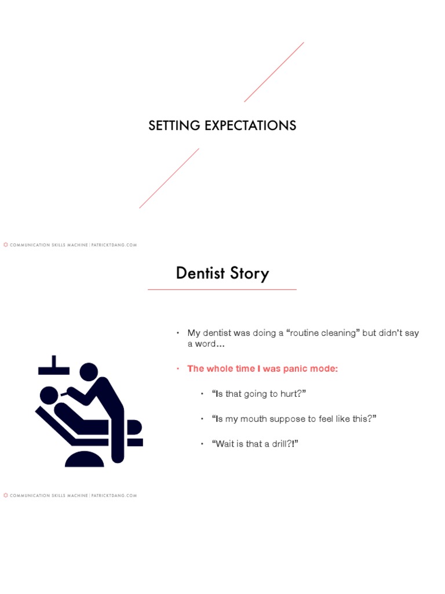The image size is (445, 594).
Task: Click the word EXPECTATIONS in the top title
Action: [253, 125]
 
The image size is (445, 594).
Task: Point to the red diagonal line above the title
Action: [274, 72]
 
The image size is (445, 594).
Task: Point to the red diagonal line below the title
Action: [169, 178]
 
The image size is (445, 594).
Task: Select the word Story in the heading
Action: [249, 274]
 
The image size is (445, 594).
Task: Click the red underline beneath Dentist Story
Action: [222, 289]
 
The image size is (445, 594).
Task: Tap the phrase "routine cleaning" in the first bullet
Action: [322, 333]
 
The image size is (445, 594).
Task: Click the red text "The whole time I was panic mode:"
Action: [262, 369]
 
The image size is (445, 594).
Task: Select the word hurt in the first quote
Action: [289, 394]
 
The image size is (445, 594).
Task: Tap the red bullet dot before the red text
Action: [178, 369]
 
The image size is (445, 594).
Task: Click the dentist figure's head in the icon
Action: [89, 372]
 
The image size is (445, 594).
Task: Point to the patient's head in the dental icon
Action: [49, 395]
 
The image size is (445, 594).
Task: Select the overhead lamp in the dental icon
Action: [53, 367]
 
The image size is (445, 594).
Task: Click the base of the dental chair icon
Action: [85, 460]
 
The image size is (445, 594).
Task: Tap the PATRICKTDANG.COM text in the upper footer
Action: [114, 245]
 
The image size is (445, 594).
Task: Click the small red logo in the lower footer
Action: [6, 495]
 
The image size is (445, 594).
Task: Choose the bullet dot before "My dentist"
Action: [178, 333]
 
